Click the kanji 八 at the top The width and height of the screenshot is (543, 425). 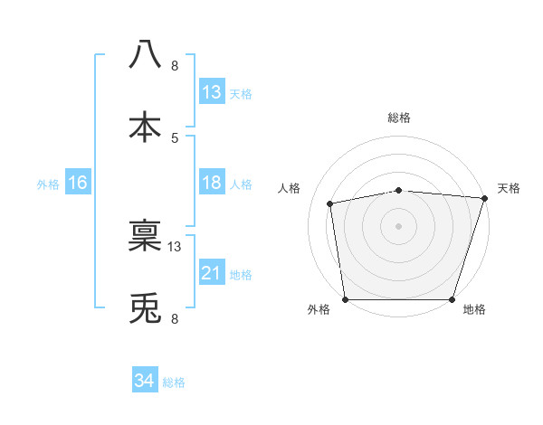point(146,54)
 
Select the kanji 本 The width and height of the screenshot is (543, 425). point(146,126)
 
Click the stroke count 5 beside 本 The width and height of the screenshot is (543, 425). point(175,137)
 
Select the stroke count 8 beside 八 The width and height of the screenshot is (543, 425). point(175,65)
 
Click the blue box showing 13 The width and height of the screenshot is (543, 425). point(212,92)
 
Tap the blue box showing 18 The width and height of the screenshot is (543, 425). point(212,183)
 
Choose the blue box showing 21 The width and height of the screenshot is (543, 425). point(212,273)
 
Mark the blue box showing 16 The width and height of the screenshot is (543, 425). point(78,183)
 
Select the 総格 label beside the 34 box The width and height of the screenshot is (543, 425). point(174,382)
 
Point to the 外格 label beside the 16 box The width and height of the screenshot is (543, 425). point(48,184)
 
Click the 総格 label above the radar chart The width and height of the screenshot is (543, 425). point(399,118)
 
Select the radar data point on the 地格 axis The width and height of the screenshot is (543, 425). point(452,298)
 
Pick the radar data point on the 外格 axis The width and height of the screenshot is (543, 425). point(346,298)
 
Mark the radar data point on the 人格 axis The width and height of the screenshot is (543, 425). point(331,203)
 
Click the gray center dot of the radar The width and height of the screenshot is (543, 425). point(399,225)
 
